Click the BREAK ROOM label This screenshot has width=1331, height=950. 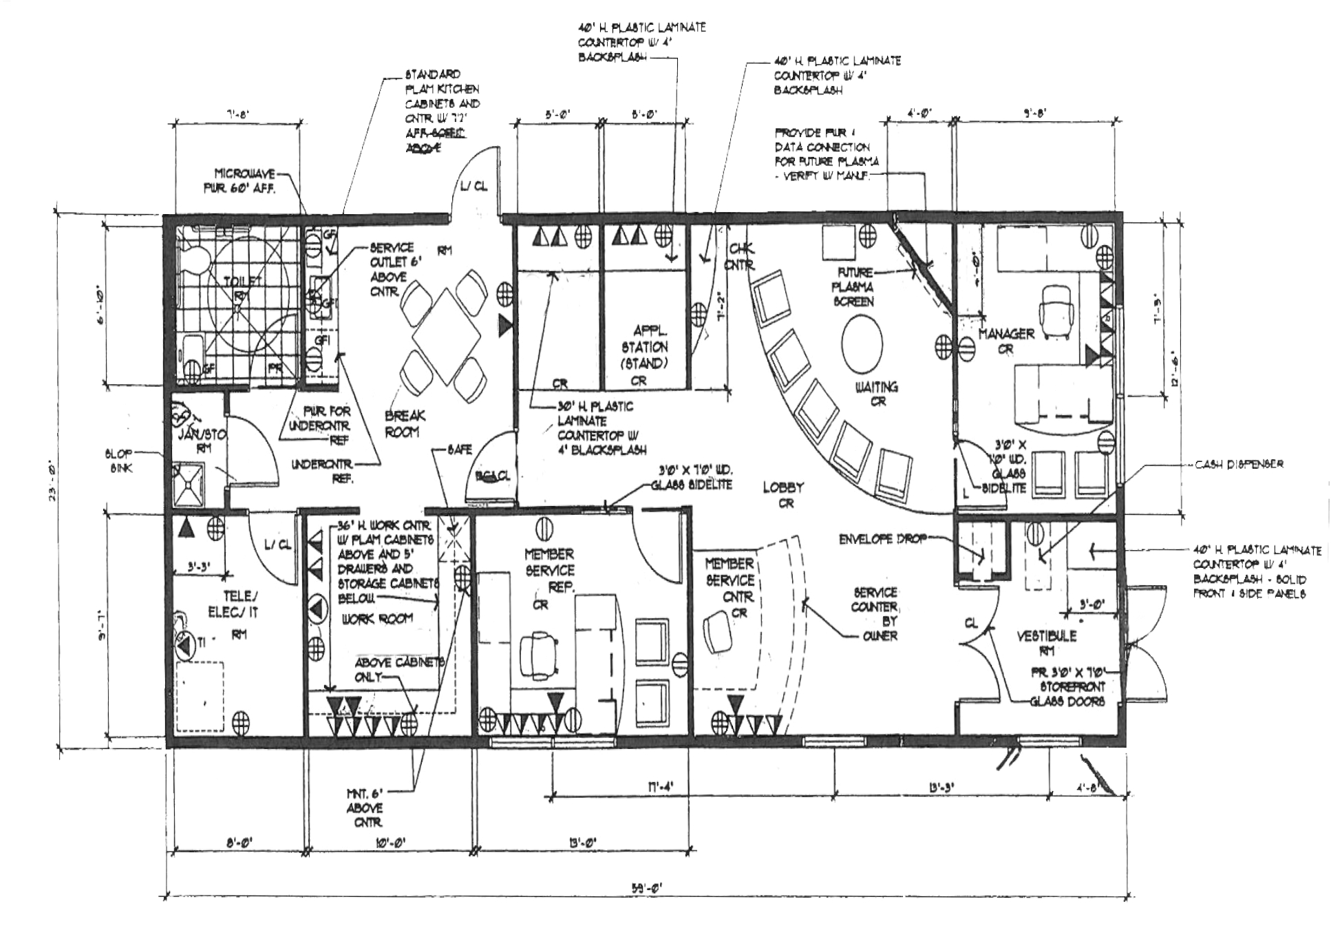405,423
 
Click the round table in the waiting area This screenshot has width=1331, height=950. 862,345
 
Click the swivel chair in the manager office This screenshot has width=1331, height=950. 1056,310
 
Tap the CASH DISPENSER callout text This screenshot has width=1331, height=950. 1239,464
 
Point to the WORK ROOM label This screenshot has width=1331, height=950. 377,618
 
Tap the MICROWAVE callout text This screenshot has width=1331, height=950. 245,180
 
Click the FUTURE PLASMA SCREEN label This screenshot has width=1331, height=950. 854,286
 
